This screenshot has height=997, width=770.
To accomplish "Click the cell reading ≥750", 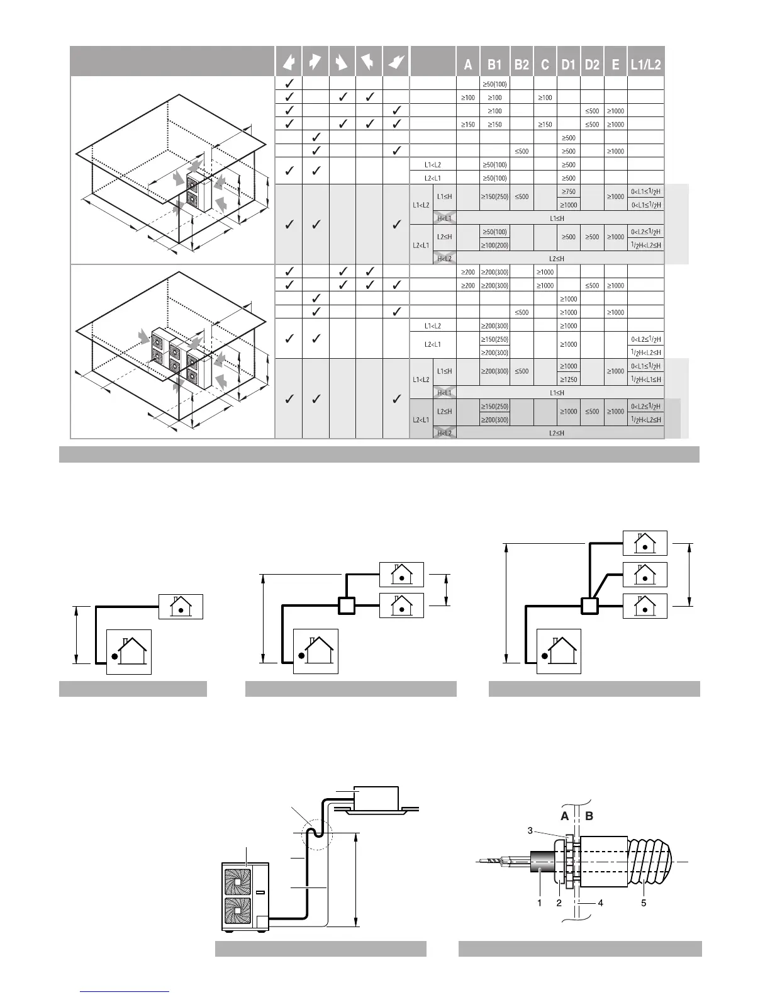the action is pos(569,191).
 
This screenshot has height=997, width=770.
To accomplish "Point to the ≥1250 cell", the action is pos(569,380).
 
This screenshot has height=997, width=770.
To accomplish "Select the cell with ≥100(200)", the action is pos(495,245).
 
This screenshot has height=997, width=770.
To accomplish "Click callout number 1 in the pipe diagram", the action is pos(540,903).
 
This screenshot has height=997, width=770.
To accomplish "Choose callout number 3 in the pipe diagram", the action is pos(530,831).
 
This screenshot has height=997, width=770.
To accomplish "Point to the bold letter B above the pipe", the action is pos(589,816).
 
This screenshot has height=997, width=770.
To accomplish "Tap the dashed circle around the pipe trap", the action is pos(317,836).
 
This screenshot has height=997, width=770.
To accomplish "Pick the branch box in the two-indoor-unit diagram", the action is pos(347,606).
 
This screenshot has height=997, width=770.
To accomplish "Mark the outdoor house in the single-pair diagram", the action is pos(129,651).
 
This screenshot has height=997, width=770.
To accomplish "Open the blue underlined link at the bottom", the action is pos(125,991).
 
